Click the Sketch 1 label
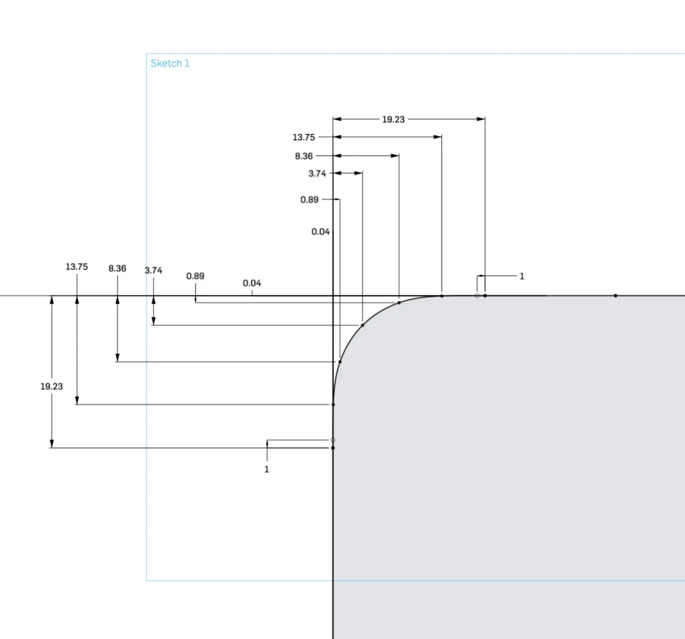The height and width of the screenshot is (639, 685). click(x=170, y=63)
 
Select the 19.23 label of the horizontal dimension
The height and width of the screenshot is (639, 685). click(x=393, y=119)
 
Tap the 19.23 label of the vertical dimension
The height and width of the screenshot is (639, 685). click(x=52, y=386)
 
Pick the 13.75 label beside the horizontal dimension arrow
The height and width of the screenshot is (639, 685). click(x=303, y=137)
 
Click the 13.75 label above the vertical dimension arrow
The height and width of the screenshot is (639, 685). click(x=76, y=266)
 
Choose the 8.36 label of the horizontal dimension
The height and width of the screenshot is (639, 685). click(x=303, y=156)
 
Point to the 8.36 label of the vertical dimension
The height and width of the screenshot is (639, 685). click(x=117, y=268)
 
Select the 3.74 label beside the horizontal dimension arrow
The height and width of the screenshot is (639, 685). click(x=317, y=174)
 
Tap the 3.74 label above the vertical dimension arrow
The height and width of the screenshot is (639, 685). click(x=153, y=271)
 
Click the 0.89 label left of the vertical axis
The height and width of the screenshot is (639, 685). click(x=309, y=200)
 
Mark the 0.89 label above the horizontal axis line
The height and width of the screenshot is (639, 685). click(x=195, y=276)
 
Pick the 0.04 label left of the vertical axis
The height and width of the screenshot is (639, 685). click(x=320, y=232)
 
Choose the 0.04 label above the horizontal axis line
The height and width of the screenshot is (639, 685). click(x=252, y=283)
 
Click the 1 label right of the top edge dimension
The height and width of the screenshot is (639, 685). click(x=522, y=276)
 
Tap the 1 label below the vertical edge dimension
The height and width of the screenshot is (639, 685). click(x=266, y=469)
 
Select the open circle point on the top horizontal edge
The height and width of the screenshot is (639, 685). click(x=477, y=296)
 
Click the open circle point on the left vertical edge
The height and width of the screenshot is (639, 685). click(x=333, y=440)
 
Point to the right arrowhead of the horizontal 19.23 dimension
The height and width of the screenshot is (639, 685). click(x=481, y=119)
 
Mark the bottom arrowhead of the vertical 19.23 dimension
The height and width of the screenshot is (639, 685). click(x=52, y=444)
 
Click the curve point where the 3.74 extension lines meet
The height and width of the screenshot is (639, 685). click(x=362, y=325)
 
